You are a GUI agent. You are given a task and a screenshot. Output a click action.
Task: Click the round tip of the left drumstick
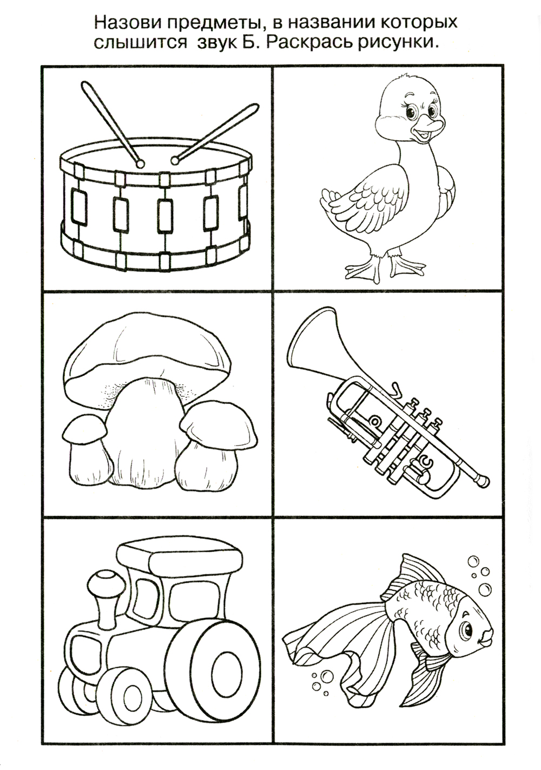click(x=140, y=164)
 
